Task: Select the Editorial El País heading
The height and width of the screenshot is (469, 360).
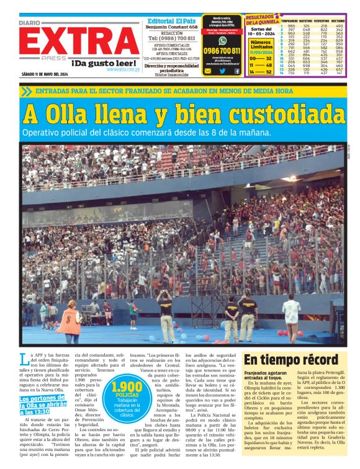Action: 171,20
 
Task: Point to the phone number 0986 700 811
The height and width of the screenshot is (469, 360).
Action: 222,50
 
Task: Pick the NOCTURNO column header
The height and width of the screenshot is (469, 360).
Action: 338,20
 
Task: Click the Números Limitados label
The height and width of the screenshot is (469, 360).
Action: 261,45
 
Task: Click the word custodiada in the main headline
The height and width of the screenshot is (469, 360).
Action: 279,114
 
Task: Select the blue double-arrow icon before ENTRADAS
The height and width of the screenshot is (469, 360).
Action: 25,91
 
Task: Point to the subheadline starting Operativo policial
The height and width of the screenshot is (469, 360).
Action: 138,132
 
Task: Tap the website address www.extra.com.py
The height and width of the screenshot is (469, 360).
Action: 123,69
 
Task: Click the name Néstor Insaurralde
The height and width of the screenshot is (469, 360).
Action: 171,74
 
